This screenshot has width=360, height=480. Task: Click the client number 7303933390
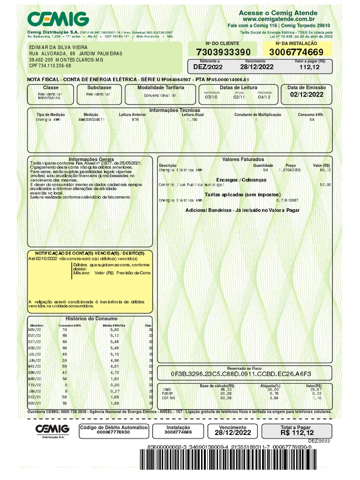coord(223,52)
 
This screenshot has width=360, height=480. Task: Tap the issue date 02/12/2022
coord(307,94)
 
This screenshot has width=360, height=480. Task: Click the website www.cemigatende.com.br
coord(278,20)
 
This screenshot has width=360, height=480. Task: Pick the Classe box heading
coord(51,88)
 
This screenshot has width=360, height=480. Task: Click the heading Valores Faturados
coord(243,159)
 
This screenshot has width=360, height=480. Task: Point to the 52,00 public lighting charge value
coord(325,185)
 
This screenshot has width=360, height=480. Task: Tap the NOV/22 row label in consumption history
coord(36,330)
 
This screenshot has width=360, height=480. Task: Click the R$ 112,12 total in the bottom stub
coord(297,433)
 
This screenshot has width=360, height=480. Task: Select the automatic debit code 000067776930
coord(114,432)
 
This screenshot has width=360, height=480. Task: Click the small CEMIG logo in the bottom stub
coord(52,429)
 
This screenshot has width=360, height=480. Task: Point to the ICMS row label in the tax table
coord(166,389)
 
